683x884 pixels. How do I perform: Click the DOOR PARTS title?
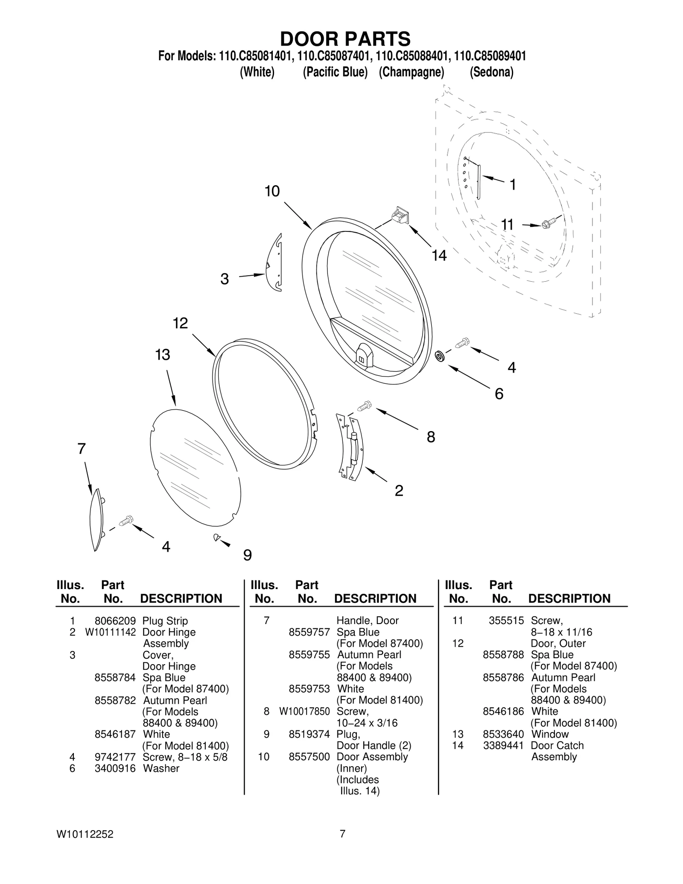pyautogui.click(x=345, y=39)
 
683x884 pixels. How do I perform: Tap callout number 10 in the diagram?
pyautogui.click(x=272, y=191)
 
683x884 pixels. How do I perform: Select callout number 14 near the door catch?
pyautogui.click(x=439, y=256)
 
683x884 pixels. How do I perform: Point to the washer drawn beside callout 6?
pyautogui.click(x=439, y=356)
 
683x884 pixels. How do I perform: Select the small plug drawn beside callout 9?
pyautogui.click(x=217, y=537)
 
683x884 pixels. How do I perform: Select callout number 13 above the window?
pyautogui.click(x=163, y=355)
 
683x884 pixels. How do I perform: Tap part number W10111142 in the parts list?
pyautogui.click(x=110, y=632)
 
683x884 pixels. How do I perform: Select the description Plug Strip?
pyautogui.click(x=165, y=621)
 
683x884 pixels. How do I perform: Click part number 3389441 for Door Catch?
pyautogui.click(x=503, y=745)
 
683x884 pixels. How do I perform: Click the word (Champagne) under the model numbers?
pyautogui.click(x=412, y=72)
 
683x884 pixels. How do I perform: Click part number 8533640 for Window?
pyautogui.click(x=503, y=734)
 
